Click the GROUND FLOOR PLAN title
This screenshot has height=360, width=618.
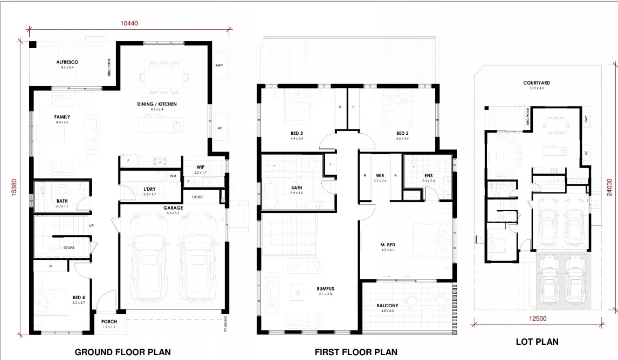tap(122, 352)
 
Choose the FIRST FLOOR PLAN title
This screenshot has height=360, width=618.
tap(356, 352)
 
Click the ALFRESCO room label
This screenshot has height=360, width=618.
tap(67, 63)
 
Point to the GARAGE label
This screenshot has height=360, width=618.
tap(174, 207)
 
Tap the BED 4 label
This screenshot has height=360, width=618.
tap(79, 297)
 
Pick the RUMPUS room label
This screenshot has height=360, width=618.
tap(325, 289)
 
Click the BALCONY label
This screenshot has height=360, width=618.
tap(387, 306)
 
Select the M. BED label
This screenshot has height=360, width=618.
tap(388, 245)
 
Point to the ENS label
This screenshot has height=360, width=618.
tap(428, 176)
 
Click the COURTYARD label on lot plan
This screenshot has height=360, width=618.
tap(536, 83)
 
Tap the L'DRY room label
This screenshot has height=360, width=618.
tap(150, 189)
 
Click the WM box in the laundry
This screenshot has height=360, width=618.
tap(173, 176)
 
